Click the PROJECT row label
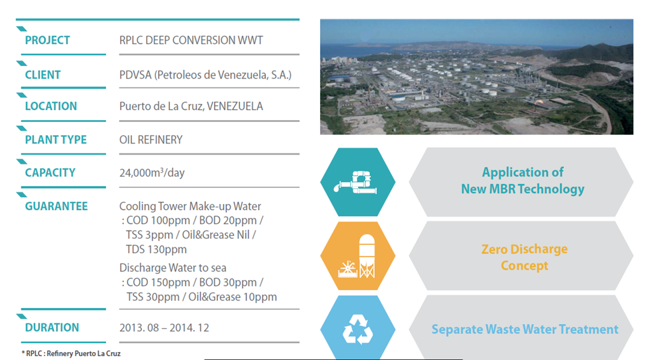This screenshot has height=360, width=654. tap(47, 41)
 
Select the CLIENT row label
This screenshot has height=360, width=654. tap(43, 75)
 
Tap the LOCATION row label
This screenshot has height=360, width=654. tap(51, 107)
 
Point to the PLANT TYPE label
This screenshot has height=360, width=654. tap(56, 140)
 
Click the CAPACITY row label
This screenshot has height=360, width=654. tap(50, 173)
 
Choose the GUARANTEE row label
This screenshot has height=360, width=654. tap(56, 207)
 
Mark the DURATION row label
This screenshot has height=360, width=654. tap(52, 327)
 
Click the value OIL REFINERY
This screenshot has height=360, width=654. tap(151, 140)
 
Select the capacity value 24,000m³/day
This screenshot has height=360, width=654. tap(152, 172)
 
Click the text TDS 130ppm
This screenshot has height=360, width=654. tap(157, 249)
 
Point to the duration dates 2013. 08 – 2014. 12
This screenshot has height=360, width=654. tap(165, 328)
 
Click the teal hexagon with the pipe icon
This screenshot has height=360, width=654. tap(357, 182)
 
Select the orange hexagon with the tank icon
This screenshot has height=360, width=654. tap(357, 256)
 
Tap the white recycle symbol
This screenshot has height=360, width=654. tap(357, 329)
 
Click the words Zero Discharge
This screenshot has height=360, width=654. tap(524, 249)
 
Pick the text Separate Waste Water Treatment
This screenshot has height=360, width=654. tap(525, 329)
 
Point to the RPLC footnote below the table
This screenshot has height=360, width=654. tap(71, 354)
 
